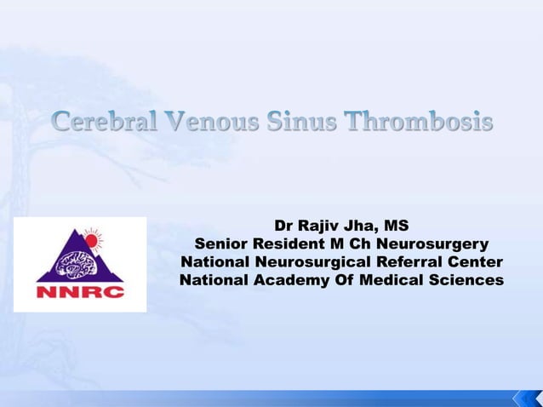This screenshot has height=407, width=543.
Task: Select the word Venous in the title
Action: pos(214,123)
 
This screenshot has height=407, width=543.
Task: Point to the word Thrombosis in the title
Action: pos(420,123)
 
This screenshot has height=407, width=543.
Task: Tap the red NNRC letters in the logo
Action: pos(80,292)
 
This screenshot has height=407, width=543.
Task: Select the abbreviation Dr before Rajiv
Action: pos(284,226)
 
